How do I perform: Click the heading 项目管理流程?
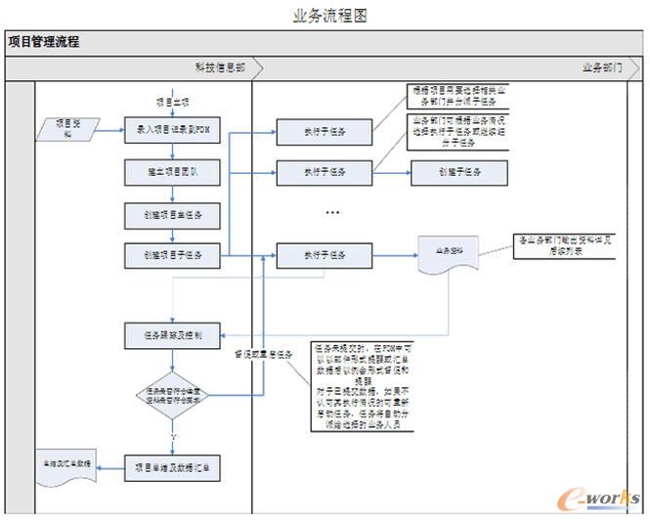point(44,42)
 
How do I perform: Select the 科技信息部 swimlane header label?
point(226,68)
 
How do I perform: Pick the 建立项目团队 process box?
point(172,172)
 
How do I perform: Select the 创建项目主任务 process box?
point(172,214)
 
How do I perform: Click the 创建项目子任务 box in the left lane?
point(172,255)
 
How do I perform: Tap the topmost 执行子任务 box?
point(325,131)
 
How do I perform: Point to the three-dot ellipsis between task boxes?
point(332,212)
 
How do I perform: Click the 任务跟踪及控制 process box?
point(172,334)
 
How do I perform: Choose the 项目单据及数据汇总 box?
point(172,467)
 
